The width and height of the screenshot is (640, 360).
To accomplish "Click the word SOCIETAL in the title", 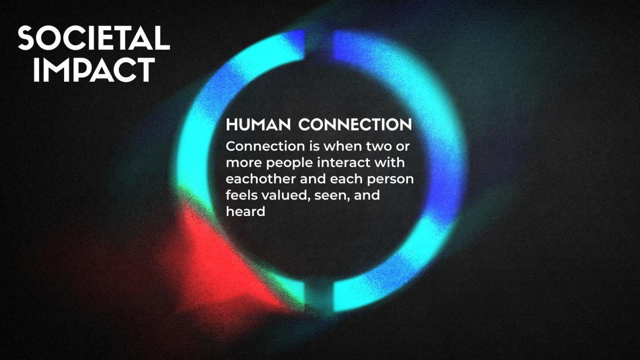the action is (94, 38).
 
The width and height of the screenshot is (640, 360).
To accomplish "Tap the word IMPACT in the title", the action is (94, 70).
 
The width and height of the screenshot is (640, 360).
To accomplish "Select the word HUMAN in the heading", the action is (258, 125).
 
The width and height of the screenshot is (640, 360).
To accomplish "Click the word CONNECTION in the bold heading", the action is (355, 125).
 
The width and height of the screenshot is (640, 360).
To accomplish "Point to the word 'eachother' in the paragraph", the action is (261, 179).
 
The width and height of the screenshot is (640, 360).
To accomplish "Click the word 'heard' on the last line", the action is (245, 212).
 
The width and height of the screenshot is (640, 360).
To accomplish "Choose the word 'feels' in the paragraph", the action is (242, 195).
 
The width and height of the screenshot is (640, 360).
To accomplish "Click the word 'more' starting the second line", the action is (244, 163).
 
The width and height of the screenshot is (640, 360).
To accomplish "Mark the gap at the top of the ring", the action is (319, 46).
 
